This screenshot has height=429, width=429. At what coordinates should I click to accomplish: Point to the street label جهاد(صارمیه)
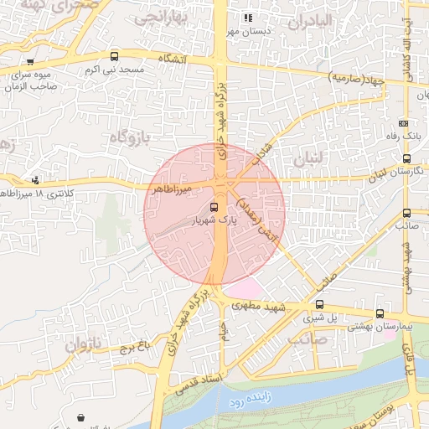tap(356, 78)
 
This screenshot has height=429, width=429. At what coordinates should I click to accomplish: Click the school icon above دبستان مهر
tap(246, 18)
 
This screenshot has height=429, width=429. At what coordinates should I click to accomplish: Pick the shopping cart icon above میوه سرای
tap(30, 61)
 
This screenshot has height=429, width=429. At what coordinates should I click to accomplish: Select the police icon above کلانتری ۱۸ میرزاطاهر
tap(35, 178)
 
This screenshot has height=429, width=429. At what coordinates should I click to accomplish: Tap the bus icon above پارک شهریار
tap(214, 207)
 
